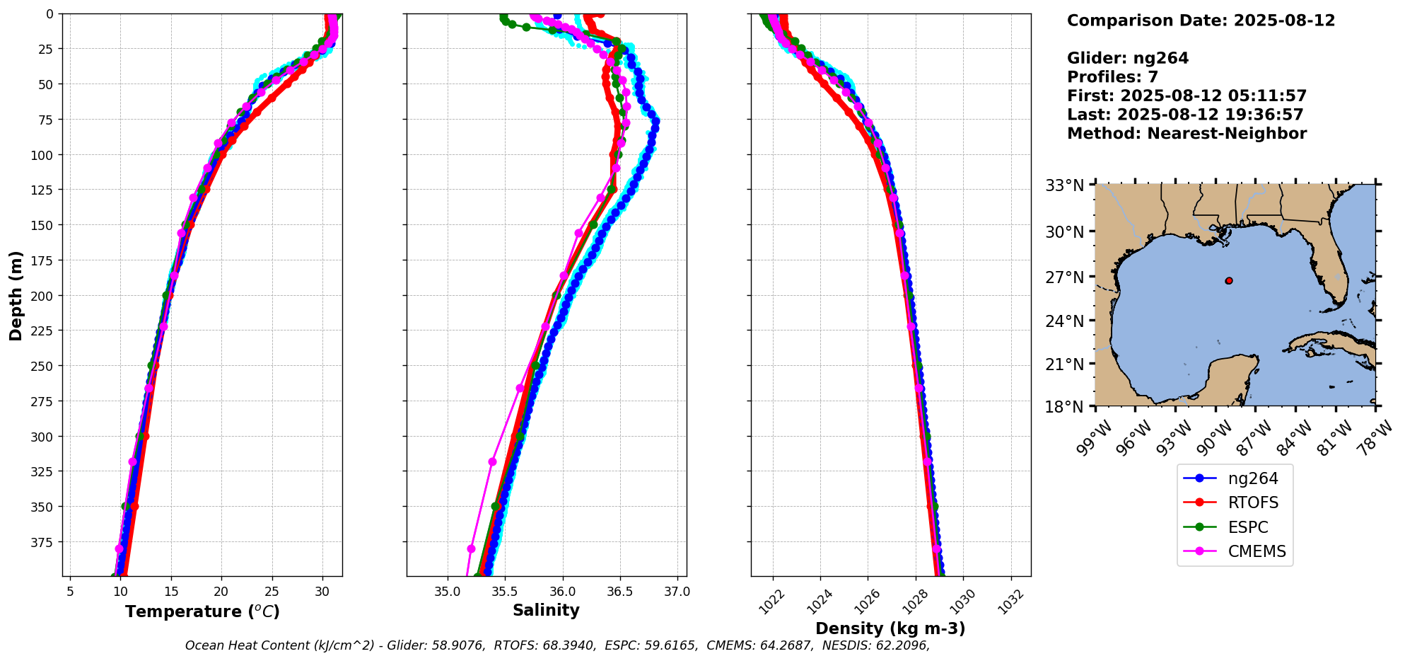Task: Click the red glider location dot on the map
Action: point(1229,281)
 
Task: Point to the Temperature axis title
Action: point(202,611)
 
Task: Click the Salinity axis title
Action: point(546,611)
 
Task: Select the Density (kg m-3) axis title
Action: point(890,628)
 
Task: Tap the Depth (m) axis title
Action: point(16,295)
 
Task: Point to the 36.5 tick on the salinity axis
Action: point(619,591)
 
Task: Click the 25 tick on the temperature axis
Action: point(272,591)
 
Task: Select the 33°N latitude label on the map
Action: point(1064,185)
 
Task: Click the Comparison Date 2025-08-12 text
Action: point(1201,21)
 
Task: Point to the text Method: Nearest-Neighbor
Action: point(1187,134)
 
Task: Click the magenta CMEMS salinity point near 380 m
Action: point(472,548)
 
